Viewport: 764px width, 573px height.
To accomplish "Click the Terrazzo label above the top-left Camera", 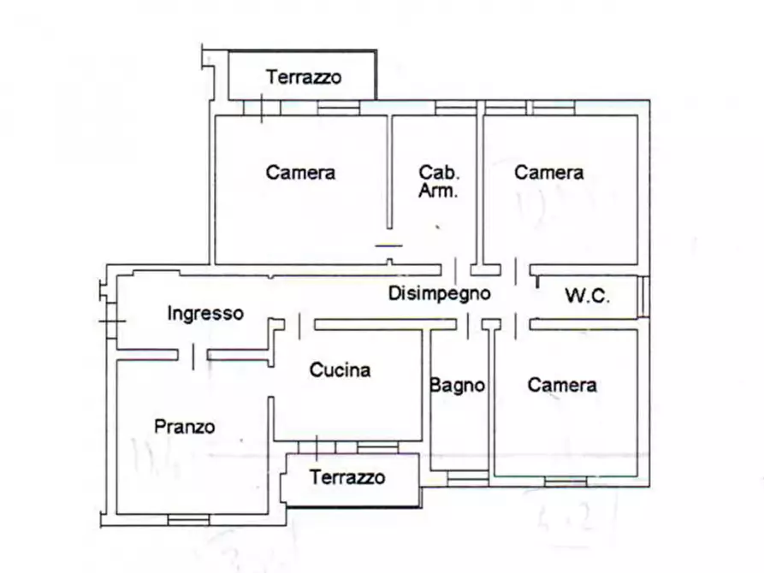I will coord(304,77).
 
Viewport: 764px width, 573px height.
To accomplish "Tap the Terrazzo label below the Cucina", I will coord(347,477).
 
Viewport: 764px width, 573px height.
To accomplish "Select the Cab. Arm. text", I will coord(438,181).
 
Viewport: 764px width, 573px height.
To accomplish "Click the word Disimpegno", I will coord(439,293).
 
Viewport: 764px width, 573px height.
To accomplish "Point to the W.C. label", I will coord(587,297).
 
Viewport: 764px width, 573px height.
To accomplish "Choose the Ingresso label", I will coord(205,313).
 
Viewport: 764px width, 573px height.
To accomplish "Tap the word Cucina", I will coord(340,370).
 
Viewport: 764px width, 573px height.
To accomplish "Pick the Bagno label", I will coord(457,386).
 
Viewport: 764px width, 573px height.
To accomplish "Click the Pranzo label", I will coord(184,426).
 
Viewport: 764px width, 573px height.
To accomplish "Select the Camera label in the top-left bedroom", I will coord(300,172).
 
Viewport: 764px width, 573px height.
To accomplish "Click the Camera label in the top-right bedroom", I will coord(548,172).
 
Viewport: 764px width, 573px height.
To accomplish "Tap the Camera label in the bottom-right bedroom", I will coord(561,385).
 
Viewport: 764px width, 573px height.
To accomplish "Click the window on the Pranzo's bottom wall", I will coord(188,519).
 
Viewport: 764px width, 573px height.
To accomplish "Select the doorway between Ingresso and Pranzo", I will coord(193,354).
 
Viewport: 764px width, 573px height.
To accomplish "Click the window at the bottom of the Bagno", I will coord(465,481).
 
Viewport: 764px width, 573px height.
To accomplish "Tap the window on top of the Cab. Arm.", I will coord(455,109).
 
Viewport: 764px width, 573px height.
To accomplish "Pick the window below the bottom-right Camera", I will coord(566,481).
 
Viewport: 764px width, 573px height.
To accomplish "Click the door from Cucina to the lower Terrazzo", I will coord(317,447).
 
